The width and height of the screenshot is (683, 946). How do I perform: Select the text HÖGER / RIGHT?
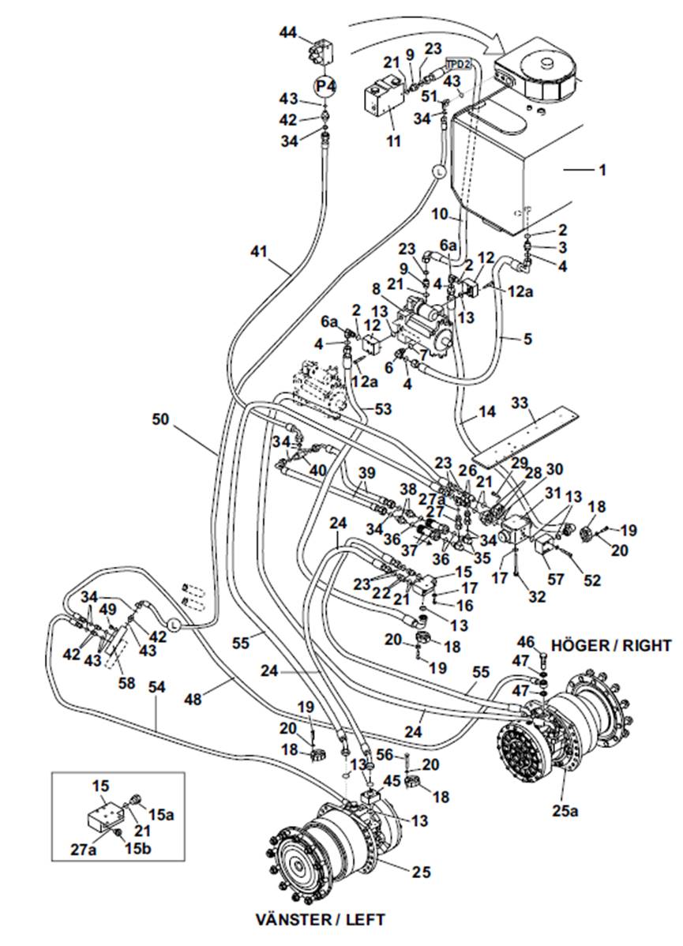tap(611, 646)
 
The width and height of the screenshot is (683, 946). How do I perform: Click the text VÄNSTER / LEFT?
tap(320, 919)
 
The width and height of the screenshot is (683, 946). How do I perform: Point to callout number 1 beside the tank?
tap(602, 170)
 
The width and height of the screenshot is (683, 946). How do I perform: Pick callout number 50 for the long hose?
tap(160, 419)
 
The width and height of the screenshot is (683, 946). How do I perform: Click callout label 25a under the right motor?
tap(564, 811)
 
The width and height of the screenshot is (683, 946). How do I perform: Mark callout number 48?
tap(193, 700)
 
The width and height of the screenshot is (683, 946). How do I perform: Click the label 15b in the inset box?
tap(137, 849)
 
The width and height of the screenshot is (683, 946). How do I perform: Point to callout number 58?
tap(126, 683)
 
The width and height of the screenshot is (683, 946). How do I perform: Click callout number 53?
tap(382, 409)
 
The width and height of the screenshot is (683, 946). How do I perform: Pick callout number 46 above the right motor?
tap(526, 642)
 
